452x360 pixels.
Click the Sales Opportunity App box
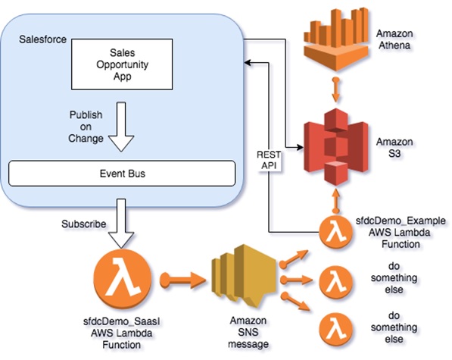point(122,64)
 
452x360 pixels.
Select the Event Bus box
point(122,174)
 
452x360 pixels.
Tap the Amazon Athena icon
point(336,39)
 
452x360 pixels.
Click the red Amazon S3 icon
point(336,146)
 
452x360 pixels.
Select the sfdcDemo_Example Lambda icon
point(336,232)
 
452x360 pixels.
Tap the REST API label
point(269,160)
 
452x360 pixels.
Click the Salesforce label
point(42,39)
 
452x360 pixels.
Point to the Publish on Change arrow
point(121,127)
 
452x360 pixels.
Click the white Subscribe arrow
point(121,224)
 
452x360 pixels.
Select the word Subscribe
point(83,224)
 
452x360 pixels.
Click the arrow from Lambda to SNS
point(182,280)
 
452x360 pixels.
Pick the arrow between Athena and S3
point(335,89)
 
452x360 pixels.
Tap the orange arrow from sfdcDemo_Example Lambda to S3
point(336,202)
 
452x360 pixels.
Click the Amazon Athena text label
point(394,39)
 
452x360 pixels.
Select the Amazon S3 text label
point(394,148)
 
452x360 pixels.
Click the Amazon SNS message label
point(248,332)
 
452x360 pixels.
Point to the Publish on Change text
point(86,127)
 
